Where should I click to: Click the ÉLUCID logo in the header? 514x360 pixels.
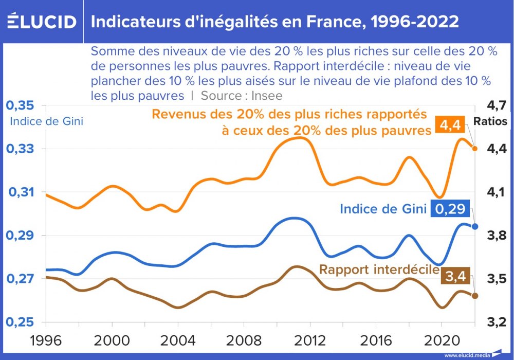pyautogui.click(x=42, y=22)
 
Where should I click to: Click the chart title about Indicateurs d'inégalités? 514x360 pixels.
pyautogui.click(x=275, y=22)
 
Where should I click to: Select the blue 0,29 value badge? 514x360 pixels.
pyautogui.click(x=451, y=209)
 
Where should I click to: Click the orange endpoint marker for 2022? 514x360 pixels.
pyautogui.click(x=475, y=149)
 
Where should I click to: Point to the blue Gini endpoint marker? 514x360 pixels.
pyautogui.click(x=475, y=226)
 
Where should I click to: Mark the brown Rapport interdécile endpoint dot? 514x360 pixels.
pyautogui.click(x=475, y=296)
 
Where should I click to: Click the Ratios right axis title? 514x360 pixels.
pyautogui.click(x=490, y=122)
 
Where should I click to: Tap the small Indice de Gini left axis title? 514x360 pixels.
pyautogui.click(x=46, y=122)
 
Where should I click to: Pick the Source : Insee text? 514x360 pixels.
pyautogui.click(x=242, y=96)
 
